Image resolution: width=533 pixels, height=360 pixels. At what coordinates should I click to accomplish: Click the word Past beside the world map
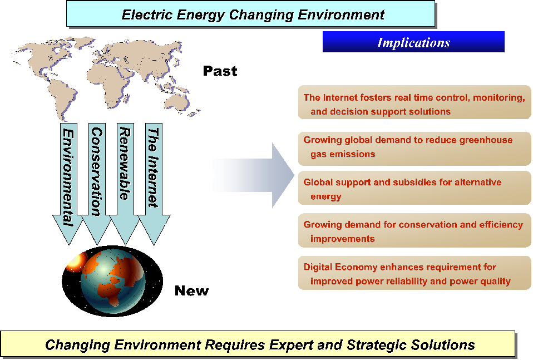tap(220, 71)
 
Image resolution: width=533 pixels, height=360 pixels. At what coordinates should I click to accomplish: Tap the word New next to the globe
tap(191, 290)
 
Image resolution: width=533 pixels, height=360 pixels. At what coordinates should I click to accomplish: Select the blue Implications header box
tap(413, 42)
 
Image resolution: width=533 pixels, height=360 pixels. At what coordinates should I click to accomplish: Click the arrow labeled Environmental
tap(68, 184)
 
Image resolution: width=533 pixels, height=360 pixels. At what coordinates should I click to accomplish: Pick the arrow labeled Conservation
tap(97, 184)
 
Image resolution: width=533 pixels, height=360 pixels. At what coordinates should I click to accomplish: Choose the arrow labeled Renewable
tap(125, 184)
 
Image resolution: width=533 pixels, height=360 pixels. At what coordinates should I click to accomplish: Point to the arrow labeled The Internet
tap(154, 184)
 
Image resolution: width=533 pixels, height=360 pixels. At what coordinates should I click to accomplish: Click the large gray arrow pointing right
tap(253, 175)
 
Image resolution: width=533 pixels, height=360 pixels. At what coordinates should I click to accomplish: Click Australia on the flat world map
tap(177, 102)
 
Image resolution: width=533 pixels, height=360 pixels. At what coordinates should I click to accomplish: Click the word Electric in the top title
tap(147, 15)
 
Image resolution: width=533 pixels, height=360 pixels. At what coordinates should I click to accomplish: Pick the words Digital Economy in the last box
tap(340, 267)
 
